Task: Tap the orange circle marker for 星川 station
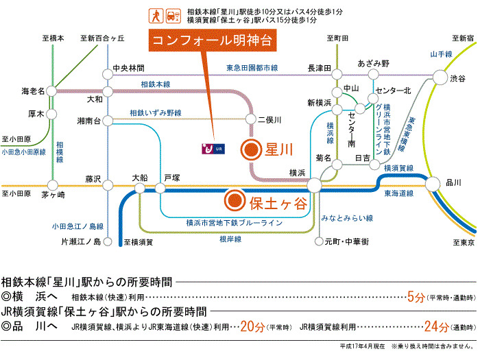252,148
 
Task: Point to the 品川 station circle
433,182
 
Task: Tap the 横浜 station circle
314,184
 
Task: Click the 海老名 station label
33,91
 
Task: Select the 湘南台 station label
89,121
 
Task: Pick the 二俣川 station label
269,120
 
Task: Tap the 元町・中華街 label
346,242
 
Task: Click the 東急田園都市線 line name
252,68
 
